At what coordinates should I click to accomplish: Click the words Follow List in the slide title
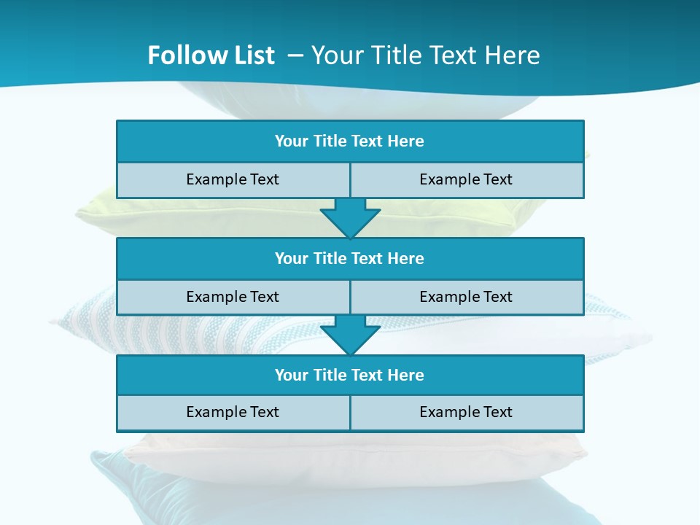(x=211, y=55)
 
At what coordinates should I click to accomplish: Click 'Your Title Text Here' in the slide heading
(x=426, y=55)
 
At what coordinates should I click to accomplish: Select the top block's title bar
(x=350, y=141)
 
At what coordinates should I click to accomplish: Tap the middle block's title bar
(x=350, y=259)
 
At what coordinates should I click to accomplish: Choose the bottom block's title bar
(x=350, y=376)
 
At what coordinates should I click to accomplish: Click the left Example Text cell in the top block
(x=233, y=180)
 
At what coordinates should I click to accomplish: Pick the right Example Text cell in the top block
(x=466, y=180)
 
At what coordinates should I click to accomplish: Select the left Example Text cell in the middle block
(x=233, y=297)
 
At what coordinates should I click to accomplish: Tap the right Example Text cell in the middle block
(x=466, y=297)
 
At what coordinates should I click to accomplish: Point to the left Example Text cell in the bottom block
(x=233, y=413)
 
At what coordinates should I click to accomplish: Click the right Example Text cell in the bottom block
(x=466, y=413)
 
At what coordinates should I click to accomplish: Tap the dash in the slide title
(x=295, y=55)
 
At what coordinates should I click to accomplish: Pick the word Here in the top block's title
(x=406, y=141)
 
